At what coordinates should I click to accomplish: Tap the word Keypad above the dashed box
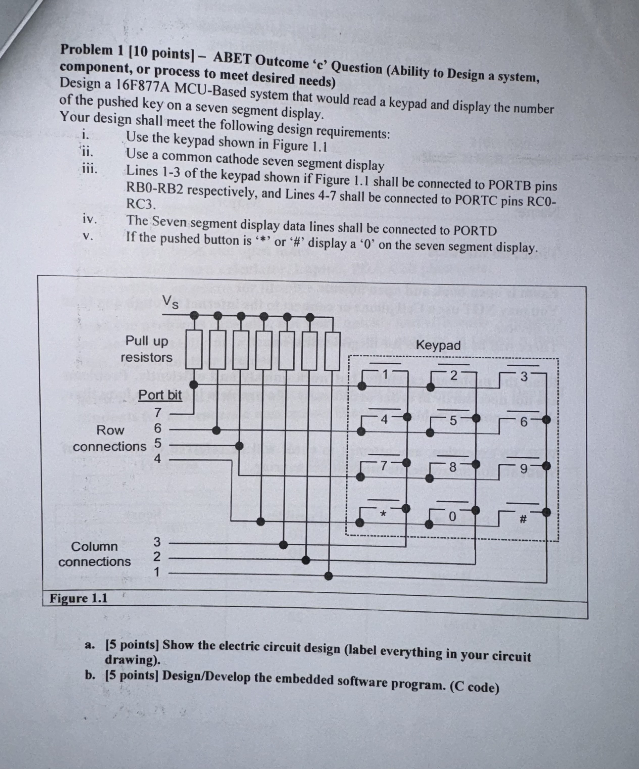pyautogui.click(x=438, y=345)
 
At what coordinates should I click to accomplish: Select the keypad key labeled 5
pyautogui.click(x=453, y=421)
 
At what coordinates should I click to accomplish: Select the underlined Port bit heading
pyautogui.click(x=160, y=395)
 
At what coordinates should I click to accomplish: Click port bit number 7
pyautogui.click(x=157, y=413)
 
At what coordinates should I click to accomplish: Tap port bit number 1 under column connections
pyautogui.click(x=157, y=572)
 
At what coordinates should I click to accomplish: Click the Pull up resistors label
pyautogui.click(x=146, y=349)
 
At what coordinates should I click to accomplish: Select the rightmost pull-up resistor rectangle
pyautogui.click(x=332, y=351)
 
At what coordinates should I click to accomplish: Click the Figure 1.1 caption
pyautogui.click(x=78, y=598)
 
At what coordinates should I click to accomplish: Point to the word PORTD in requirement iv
pyautogui.click(x=475, y=231)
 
